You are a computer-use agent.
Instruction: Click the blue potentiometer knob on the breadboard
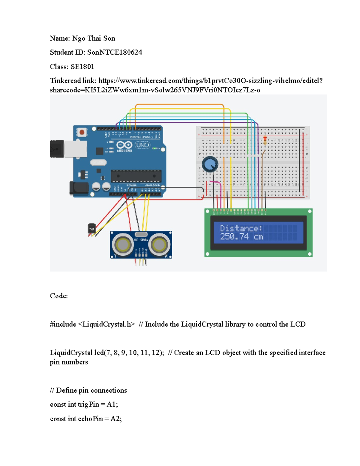pyautogui.click(x=210, y=164)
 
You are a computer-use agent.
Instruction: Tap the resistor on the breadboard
pyautogui.click(x=265, y=140)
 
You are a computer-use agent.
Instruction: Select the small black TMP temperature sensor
pyautogui.click(x=91, y=229)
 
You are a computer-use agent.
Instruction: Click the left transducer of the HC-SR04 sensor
pyautogui.click(x=122, y=245)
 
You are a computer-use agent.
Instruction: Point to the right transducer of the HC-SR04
pyautogui.click(x=159, y=245)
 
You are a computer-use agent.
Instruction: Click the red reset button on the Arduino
pyautogui.click(x=82, y=132)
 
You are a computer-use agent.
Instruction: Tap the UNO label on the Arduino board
pyautogui.click(x=142, y=145)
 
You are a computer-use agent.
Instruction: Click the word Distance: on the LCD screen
pyautogui.click(x=241, y=228)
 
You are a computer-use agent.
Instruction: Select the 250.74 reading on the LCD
pyautogui.click(x=234, y=236)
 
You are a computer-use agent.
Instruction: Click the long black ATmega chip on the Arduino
pyautogui.click(x=136, y=176)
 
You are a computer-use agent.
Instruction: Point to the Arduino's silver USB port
pyautogui.click(x=75, y=149)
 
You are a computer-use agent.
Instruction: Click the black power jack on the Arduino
pyautogui.click(x=79, y=188)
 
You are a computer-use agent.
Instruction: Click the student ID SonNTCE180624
pyautogui.click(x=114, y=52)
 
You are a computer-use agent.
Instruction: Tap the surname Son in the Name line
pyautogui.click(x=109, y=38)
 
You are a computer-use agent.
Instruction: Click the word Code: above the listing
pyautogui.click(x=59, y=296)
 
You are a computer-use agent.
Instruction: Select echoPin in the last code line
pyautogui.click(x=91, y=419)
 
